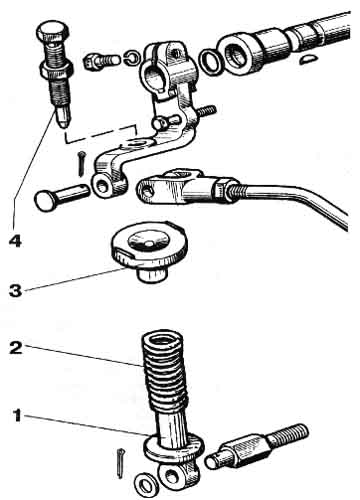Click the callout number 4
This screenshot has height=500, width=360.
(x=16, y=241)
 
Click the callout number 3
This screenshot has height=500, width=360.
(x=15, y=290)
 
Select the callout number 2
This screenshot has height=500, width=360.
(x=16, y=348)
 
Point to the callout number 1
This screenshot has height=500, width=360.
(x=17, y=416)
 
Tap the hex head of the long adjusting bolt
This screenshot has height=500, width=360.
(x=53, y=31)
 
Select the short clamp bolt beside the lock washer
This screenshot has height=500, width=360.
(x=100, y=62)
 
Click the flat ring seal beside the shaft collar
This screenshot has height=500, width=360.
(x=211, y=62)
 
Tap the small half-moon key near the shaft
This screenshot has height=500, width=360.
(x=307, y=60)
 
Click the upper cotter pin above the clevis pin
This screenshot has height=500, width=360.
(x=81, y=163)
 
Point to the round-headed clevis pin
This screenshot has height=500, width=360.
(x=61, y=196)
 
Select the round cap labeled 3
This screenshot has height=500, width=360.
(x=149, y=252)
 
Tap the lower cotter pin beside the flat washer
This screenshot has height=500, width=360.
(x=121, y=463)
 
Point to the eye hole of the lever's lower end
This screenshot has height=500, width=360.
(x=102, y=188)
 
